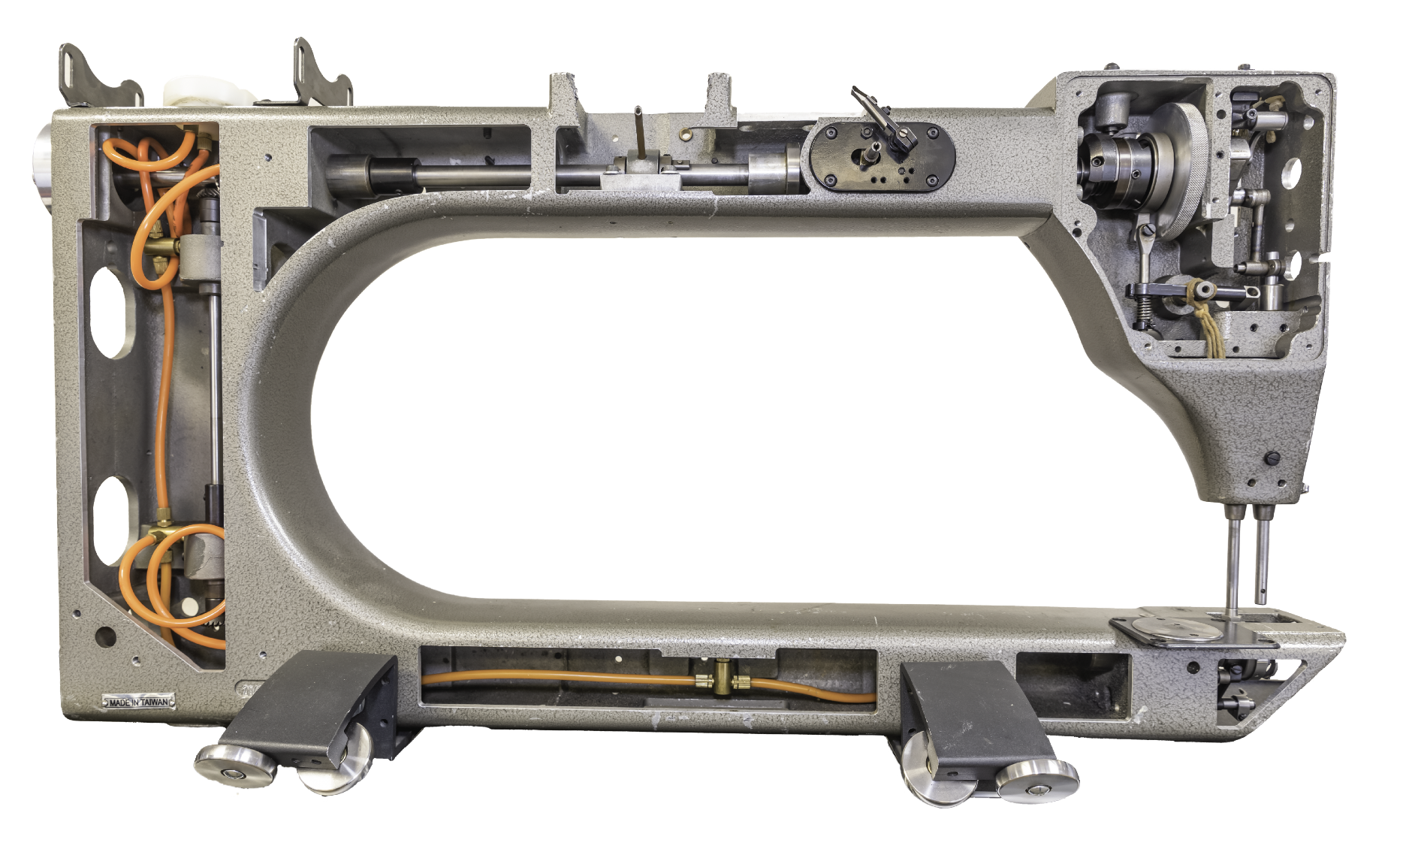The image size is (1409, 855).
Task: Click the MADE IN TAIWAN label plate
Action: point(138,702)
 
